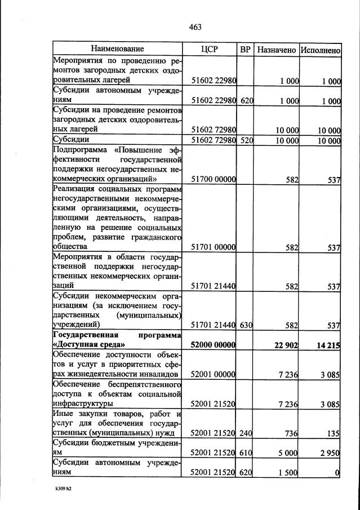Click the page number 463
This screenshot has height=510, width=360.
coord(195,26)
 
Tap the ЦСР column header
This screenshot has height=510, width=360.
coord(208,49)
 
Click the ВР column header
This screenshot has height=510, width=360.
coord(245,49)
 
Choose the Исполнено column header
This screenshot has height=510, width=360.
coord(320,50)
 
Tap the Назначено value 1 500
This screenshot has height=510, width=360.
coord(288,472)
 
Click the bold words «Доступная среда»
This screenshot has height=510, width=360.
coord(88,344)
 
